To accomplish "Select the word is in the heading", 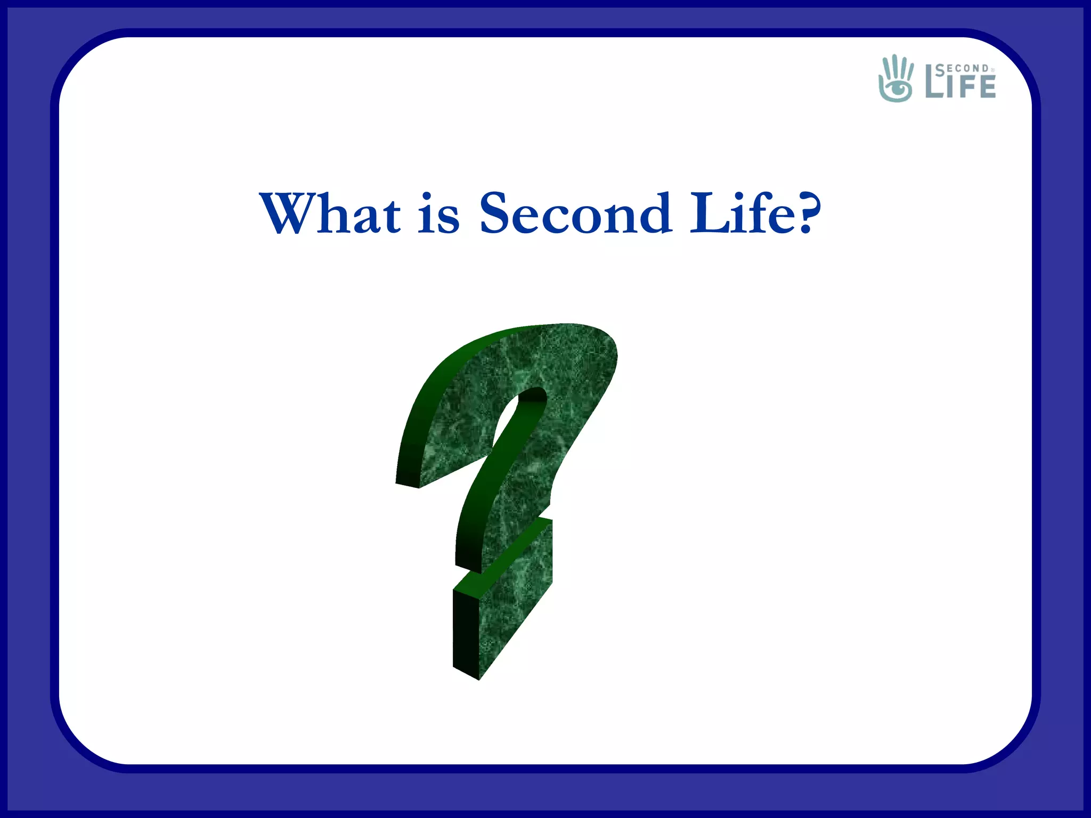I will click(x=438, y=214).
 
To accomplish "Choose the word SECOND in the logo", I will click(x=963, y=69).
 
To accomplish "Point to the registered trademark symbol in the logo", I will click(x=992, y=70).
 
